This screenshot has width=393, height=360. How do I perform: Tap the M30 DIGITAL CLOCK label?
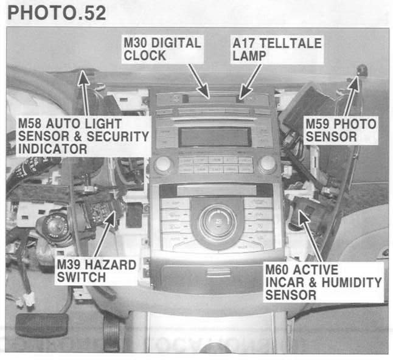coord(161,49)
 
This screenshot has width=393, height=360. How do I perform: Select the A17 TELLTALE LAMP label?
coord(276,49)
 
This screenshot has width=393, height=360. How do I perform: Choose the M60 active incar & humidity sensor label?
coord(322,282)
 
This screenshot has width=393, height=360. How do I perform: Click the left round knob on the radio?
coord(163,164)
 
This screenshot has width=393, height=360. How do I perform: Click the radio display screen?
coord(215,137)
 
